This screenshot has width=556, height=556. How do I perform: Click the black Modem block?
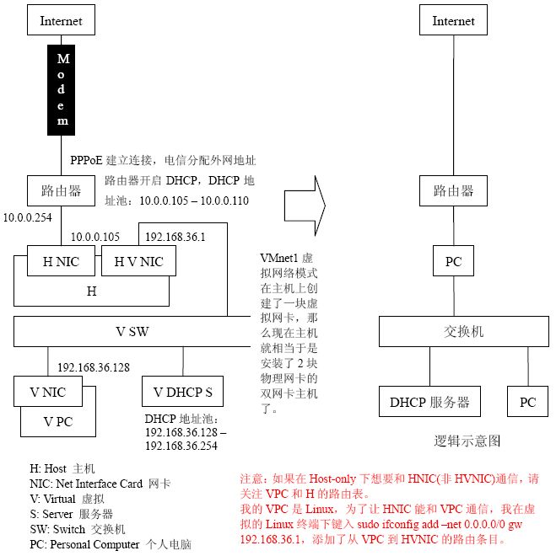[x=62, y=90]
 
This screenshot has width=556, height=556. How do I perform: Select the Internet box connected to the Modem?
[x=61, y=21]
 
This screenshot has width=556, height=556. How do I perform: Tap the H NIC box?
[x=61, y=261]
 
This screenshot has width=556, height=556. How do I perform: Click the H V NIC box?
[x=138, y=261]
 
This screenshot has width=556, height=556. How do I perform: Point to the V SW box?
[x=133, y=331]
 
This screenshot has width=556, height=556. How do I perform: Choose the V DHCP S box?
[x=182, y=392]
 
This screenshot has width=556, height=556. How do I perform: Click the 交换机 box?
[x=464, y=332]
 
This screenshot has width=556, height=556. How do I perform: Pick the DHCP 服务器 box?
[x=429, y=402]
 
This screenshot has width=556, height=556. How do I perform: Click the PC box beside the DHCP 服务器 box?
[x=527, y=402]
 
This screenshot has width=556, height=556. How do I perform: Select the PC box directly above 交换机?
[x=453, y=261]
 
